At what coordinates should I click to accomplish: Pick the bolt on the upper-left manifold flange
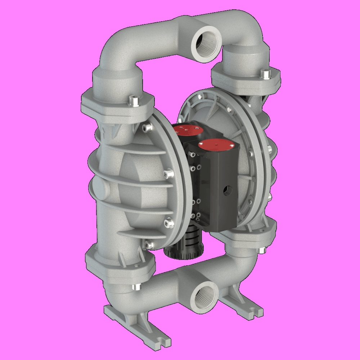pos(134,99)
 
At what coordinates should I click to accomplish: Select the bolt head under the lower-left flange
pos(136,287)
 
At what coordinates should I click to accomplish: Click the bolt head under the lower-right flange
pos(263,250)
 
